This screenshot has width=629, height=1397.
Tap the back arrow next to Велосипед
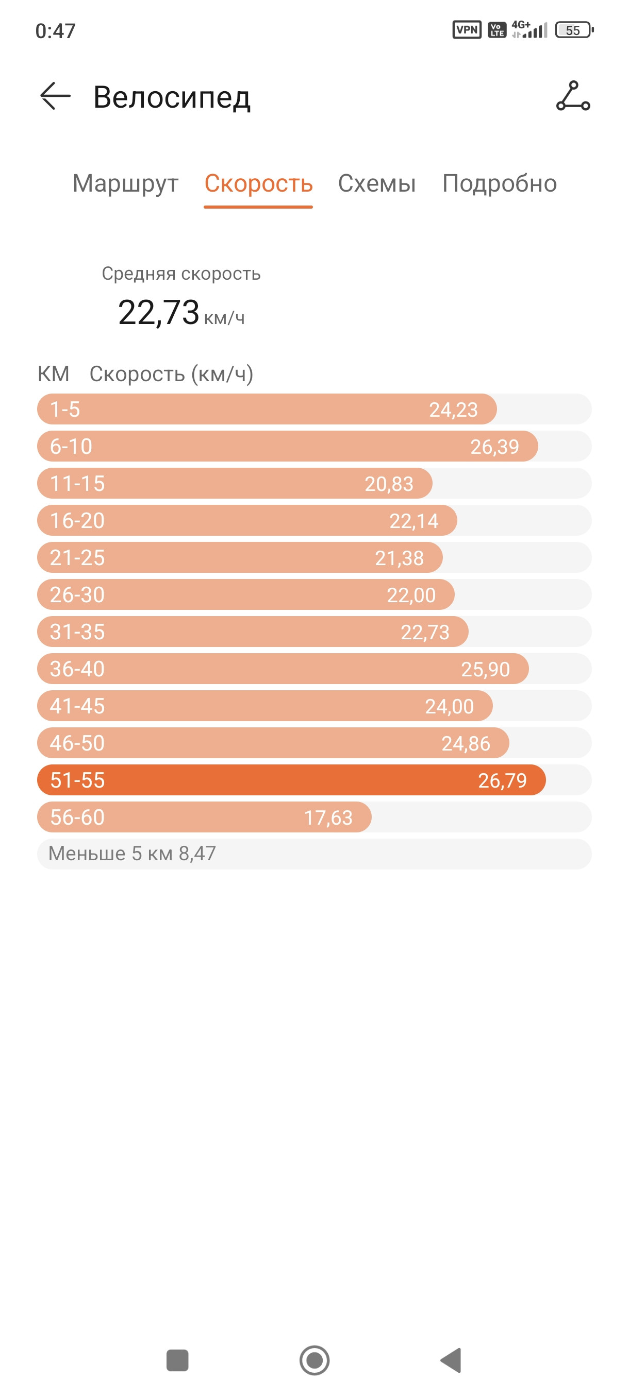pos(55,96)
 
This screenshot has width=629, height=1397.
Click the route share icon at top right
pos(573,96)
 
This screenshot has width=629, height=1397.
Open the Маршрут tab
pos(125,184)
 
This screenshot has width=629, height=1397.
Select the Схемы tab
pos(377,184)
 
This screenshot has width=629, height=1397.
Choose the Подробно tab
pos(499,184)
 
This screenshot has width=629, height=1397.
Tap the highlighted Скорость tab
pos(258,184)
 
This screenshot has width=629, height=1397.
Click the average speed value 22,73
pos(158,312)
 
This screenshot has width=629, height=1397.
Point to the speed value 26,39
pos(494,447)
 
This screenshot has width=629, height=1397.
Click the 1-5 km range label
pos(64,410)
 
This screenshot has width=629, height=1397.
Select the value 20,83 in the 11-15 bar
pos(389,484)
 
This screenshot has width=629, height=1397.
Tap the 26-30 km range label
pos(77,595)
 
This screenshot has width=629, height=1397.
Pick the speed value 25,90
pos(485,669)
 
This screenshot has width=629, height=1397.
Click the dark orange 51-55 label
pos(77,780)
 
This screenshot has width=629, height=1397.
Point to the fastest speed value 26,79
pos(502,780)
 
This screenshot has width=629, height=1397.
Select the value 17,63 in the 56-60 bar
pos(328,817)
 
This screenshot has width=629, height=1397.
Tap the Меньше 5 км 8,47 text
pos(132,854)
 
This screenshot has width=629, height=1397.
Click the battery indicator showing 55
pos(574,30)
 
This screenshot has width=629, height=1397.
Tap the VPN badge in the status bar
pos(467,30)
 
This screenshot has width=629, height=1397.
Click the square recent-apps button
pos(177,1360)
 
